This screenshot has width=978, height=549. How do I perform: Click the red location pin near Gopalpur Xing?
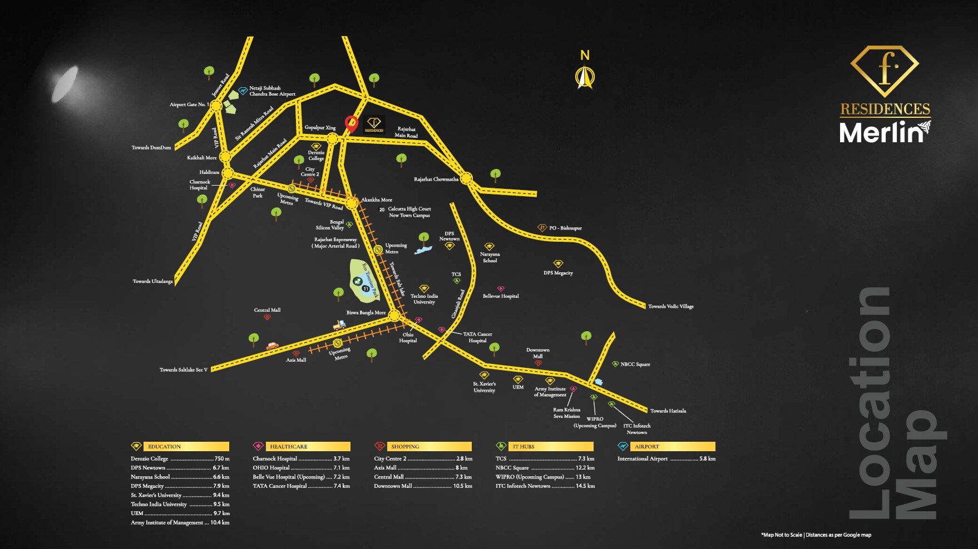point(351,123)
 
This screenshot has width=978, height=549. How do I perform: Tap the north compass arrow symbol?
point(585,77)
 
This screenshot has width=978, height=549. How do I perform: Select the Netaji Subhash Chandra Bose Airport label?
point(272,91)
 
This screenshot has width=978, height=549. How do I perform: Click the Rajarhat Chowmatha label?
point(436,179)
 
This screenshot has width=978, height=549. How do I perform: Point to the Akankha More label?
point(377,200)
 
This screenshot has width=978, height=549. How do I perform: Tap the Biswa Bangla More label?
point(366,313)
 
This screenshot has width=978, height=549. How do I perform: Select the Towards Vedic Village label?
point(671,307)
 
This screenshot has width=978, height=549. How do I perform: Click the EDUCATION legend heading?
point(165,447)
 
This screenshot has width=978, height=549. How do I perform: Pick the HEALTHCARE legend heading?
point(288,447)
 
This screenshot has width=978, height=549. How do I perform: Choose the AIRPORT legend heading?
point(646,447)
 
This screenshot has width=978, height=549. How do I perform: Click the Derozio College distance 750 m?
point(222,459)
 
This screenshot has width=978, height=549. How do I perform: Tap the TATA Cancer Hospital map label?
point(477,337)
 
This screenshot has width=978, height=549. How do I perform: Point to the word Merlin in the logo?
point(881,133)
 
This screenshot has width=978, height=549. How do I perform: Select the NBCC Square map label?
point(635,365)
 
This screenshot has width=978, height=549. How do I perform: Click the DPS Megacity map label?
point(558,273)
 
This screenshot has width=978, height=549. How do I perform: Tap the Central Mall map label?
point(267,310)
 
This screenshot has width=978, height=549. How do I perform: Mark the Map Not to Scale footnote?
point(816,535)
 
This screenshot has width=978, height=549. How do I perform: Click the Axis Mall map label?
point(296,360)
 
